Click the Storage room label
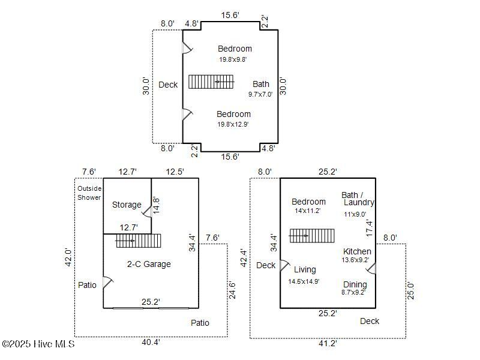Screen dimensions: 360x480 tap(127, 205)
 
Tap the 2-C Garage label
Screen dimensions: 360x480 tap(149, 264)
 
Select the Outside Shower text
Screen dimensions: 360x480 tap(89, 193)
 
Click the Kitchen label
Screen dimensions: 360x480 tap(357, 251)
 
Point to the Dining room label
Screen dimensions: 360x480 tap(355, 284)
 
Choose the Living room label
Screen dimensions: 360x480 tap(305, 269)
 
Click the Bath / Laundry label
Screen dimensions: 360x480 tap(358, 199)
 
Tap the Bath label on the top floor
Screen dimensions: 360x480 tap(261, 84)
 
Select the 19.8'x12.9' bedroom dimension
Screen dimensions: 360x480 tap(233, 124)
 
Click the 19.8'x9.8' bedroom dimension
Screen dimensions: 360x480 tap(233, 59)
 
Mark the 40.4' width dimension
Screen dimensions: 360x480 tap(151, 343)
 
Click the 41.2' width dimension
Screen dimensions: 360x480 tap(328, 343)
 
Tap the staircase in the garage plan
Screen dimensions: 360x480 tap(139, 241)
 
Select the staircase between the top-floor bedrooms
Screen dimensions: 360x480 tap(211, 82)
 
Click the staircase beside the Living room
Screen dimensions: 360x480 tap(311, 236)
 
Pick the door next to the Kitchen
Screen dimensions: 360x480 tap(371, 268)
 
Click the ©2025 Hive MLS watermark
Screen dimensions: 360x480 tap(38, 344)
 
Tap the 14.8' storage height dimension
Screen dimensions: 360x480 tap(156, 205)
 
